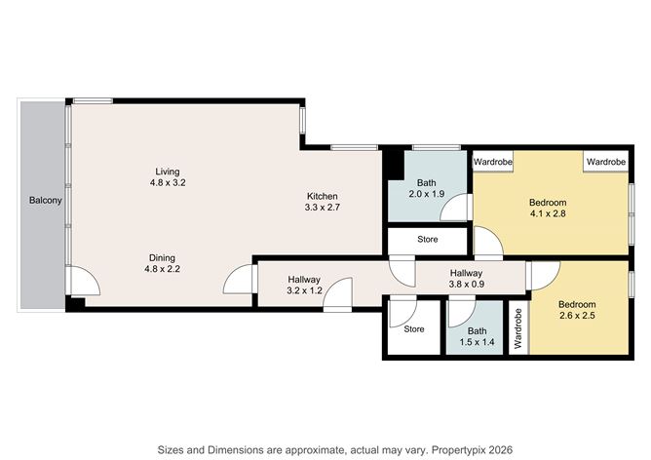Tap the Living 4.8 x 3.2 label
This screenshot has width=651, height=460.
point(167,176)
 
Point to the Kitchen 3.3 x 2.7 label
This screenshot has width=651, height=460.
point(323,201)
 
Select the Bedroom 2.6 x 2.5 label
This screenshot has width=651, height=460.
point(578,310)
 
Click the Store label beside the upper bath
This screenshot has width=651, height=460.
point(427,239)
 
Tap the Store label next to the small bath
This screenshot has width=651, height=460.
point(414,329)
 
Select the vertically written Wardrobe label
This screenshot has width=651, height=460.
point(518,328)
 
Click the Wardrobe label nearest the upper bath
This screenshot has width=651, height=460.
point(494,161)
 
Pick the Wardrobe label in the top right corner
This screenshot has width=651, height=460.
point(605,161)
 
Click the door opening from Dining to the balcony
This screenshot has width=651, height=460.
point(85,283)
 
